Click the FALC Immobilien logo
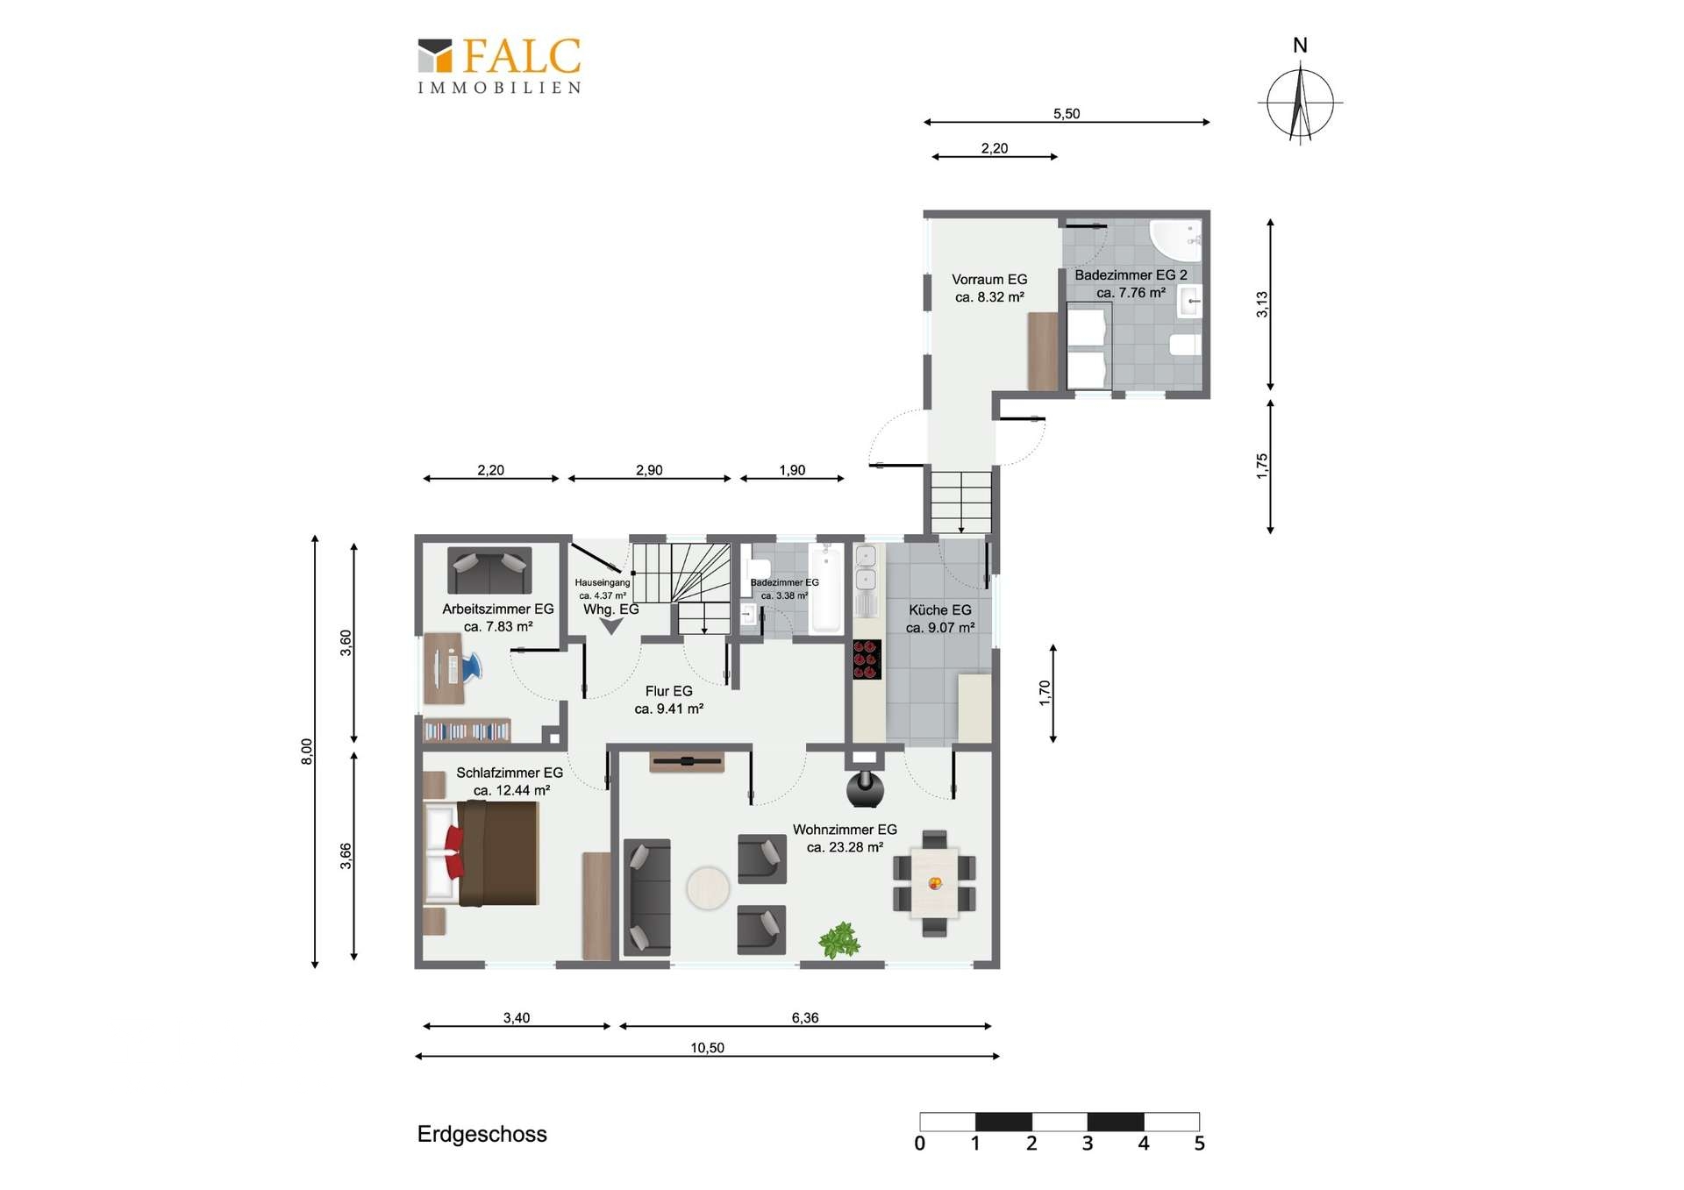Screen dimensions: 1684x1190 click(499, 65)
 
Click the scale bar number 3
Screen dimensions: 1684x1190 click(1088, 1144)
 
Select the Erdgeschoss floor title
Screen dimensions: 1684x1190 click(482, 1134)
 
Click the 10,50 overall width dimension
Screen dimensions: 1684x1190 click(707, 1048)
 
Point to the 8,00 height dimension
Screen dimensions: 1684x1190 click(307, 752)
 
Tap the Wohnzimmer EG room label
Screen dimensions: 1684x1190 click(845, 838)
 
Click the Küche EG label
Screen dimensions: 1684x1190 click(940, 618)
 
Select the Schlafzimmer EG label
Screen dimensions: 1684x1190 click(510, 781)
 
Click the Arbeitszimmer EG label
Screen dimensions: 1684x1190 click(498, 617)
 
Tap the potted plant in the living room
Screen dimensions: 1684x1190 click(840, 940)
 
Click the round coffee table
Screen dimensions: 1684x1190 click(708, 888)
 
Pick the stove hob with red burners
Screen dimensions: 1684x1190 click(867, 659)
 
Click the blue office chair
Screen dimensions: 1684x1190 click(468, 666)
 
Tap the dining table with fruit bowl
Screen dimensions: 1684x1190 click(935, 882)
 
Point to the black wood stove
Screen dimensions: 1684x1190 click(865, 788)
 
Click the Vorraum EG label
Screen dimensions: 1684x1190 click(989, 288)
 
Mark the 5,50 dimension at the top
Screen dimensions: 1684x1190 click(1067, 114)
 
